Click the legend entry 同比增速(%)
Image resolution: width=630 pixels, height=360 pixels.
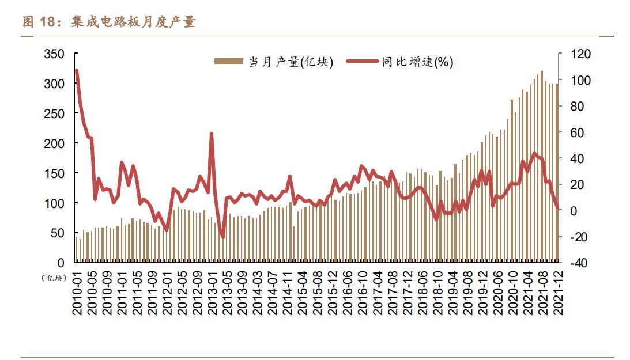tap(417, 62)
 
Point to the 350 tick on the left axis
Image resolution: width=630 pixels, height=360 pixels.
tap(54, 54)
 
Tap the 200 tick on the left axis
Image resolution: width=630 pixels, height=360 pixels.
tap(54, 143)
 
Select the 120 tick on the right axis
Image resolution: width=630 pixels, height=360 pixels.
tap(580, 54)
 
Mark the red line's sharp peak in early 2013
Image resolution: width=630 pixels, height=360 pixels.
tap(212, 134)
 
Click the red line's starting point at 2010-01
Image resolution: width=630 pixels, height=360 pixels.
tap(77, 70)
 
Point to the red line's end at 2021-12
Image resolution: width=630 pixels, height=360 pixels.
tap(557, 209)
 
